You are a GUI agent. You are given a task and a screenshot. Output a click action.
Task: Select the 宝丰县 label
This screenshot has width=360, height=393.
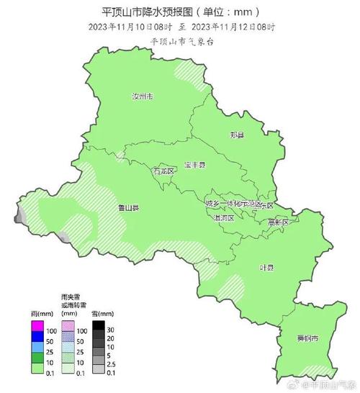194,165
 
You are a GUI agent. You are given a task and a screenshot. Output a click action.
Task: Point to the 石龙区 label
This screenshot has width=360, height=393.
163,172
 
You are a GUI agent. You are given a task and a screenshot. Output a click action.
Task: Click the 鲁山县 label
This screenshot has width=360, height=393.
128,207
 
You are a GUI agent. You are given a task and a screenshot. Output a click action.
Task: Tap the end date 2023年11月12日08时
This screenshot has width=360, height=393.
234,27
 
